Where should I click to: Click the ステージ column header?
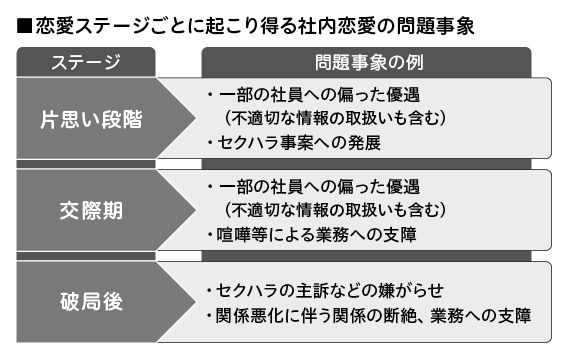pyautogui.click(x=85, y=62)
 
